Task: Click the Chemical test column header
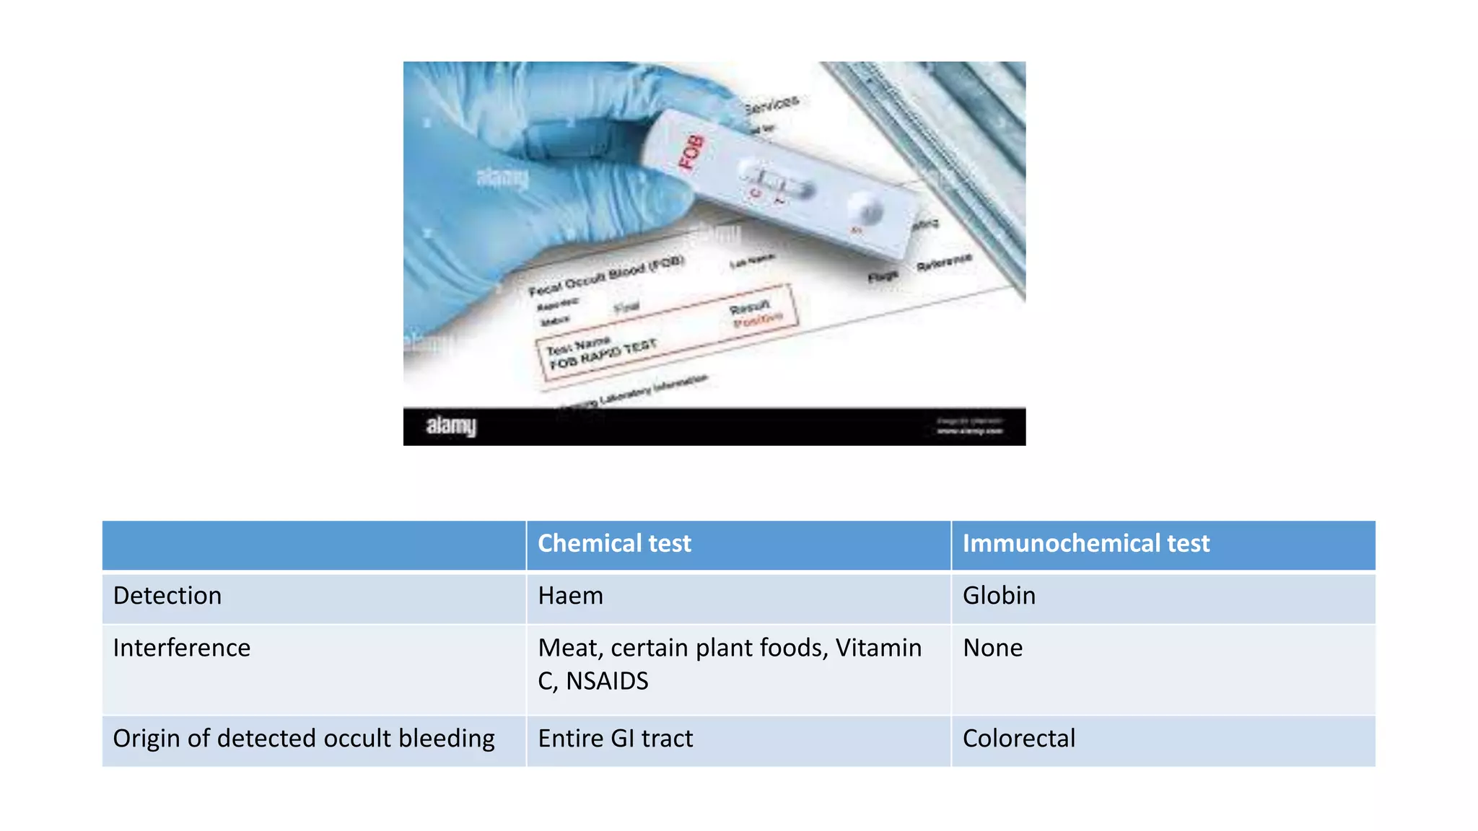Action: pos(614,544)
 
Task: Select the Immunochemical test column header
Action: pos(1085,544)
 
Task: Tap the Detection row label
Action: pos(167,596)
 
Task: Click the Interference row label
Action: pos(182,648)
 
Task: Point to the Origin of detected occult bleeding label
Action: pos(304,739)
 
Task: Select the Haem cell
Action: pos(570,596)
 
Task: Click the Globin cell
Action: pos(999,596)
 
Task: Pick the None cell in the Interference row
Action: pos(992,648)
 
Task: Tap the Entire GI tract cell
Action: pos(615,739)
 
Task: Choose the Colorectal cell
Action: pos(1018,739)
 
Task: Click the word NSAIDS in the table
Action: pos(607,681)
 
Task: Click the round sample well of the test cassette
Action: pos(867,210)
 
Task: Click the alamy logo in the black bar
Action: pos(451,426)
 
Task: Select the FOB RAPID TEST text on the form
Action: pos(603,354)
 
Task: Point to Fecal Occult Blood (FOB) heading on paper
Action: pos(606,276)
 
